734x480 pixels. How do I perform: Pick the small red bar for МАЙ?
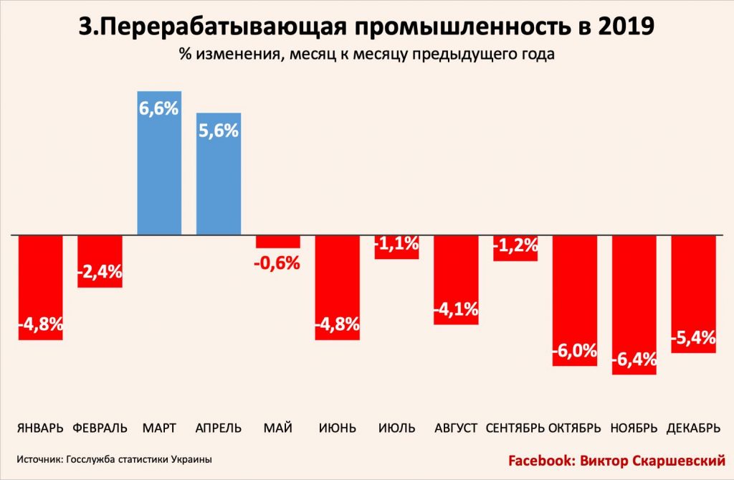click(277, 242)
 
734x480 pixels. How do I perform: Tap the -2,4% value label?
click(100, 272)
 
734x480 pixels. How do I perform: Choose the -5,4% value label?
click(693, 336)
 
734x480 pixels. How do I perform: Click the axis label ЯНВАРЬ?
click(41, 428)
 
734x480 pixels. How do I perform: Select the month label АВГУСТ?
click(456, 428)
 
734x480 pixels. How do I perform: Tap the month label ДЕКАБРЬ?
click(693, 428)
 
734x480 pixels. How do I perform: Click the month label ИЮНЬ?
click(337, 428)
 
